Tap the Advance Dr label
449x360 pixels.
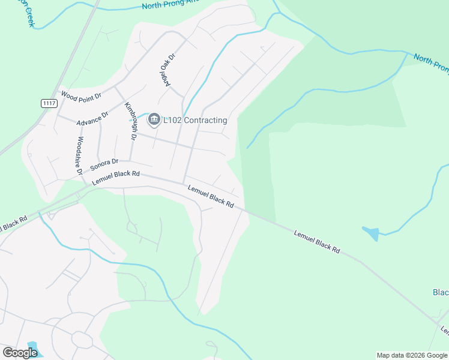pyautogui.click(x=92, y=118)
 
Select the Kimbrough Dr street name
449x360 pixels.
pyautogui.click(x=131, y=121)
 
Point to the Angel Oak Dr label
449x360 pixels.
pyautogui.click(x=166, y=70)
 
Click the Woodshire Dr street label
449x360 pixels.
pyautogui.click(x=79, y=155)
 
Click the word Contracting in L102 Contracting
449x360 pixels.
pyautogui.click(x=205, y=120)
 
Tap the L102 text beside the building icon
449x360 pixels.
pyautogui.click(x=172, y=120)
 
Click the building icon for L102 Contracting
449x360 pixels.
pyautogui.click(x=154, y=120)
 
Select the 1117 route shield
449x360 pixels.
pyautogui.click(x=49, y=104)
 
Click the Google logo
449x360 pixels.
pyautogui.click(x=20, y=352)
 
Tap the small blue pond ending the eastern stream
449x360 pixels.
pyautogui.click(x=371, y=233)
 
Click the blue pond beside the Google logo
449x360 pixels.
pyautogui.click(x=32, y=347)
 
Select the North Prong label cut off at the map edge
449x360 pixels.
pyautogui.click(x=431, y=65)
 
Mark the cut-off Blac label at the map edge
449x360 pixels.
pyautogui.click(x=441, y=292)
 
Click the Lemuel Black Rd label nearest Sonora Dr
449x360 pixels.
pyautogui.click(x=116, y=178)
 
